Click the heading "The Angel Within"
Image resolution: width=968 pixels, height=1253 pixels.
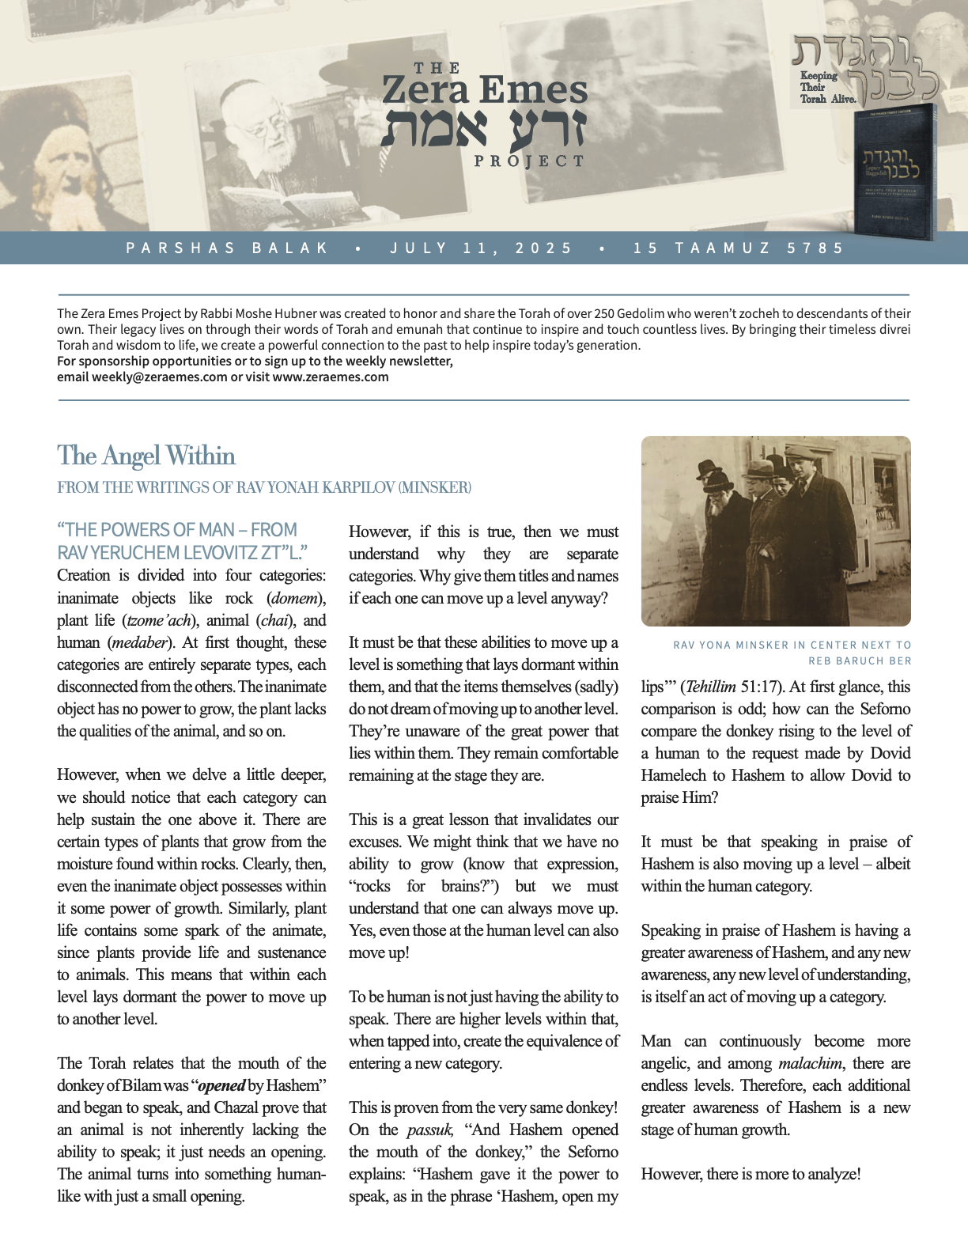click(146, 456)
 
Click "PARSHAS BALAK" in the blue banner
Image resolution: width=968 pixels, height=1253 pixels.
click(227, 248)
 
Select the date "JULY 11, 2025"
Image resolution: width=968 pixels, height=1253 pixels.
click(481, 248)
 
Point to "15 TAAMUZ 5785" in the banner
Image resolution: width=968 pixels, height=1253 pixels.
click(739, 248)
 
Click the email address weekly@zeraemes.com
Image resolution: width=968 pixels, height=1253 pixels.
click(159, 377)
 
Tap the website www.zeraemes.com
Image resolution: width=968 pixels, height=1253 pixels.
click(331, 377)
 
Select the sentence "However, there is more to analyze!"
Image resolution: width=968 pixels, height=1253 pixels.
click(751, 1174)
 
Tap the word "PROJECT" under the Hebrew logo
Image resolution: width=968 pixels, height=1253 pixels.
click(529, 161)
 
